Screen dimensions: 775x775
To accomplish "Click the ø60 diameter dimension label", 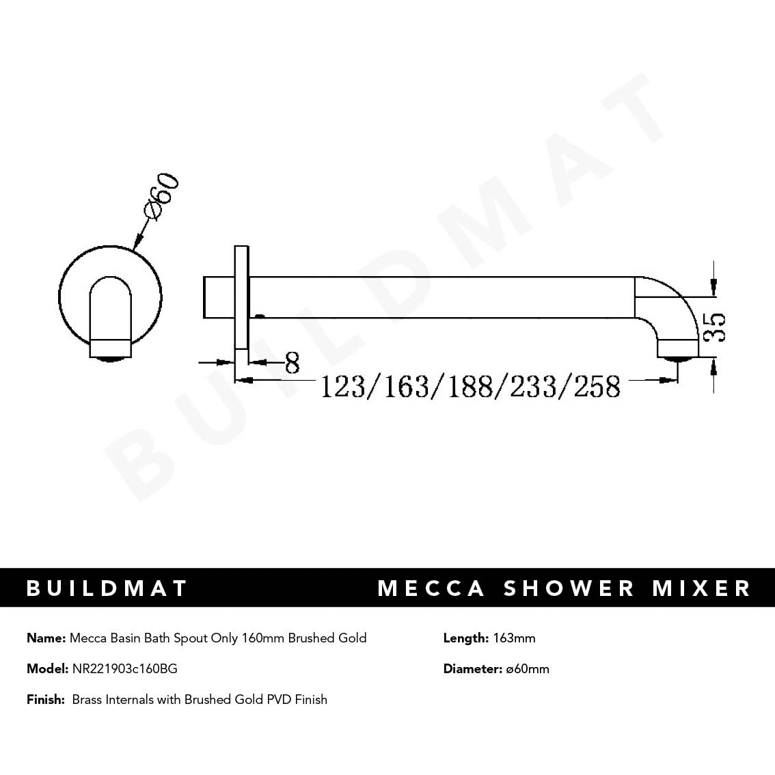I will tap(163, 198).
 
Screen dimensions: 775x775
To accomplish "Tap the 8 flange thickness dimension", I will tap(292, 363).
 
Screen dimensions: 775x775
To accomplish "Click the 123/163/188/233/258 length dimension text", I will tap(470, 387).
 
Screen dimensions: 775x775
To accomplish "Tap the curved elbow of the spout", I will tap(677, 301).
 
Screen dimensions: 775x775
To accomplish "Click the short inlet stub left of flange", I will tap(219, 297).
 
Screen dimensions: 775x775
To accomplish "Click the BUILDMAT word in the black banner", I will tap(107, 588).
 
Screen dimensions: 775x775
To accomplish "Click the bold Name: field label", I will tap(46, 638).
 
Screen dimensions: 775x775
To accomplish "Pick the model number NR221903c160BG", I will tap(124, 669).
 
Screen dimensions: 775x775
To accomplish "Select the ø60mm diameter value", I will tap(528, 669).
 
